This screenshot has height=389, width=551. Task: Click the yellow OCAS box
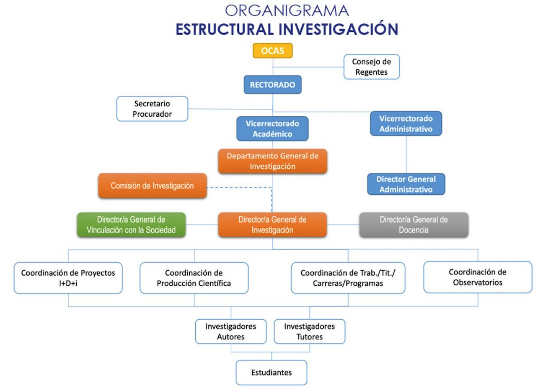click(272, 51)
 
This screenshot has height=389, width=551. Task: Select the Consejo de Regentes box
click(371, 67)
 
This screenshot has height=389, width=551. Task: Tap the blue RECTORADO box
click(272, 85)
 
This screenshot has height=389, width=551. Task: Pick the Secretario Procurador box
click(152, 109)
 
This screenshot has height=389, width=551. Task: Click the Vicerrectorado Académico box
click(272, 129)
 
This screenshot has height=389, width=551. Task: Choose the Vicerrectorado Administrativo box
click(406, 124)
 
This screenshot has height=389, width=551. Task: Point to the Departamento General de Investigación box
click(272, 161)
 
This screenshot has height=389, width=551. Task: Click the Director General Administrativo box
click(406, 184)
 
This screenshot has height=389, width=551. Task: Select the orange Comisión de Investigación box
click(152, 186)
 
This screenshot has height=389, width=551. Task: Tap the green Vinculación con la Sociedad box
click(131, 225)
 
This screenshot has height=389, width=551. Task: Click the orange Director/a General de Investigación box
click(272, 225)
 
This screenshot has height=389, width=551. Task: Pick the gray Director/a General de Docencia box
click(414, 225)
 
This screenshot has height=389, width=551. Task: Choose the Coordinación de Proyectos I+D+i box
click(68, 278)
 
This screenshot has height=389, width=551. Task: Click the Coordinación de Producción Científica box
click(194, 278)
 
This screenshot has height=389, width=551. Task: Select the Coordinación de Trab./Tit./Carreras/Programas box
click(348, 278)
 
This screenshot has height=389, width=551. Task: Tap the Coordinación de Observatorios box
click(477, 277)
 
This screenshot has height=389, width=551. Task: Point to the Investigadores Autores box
click(230, 332)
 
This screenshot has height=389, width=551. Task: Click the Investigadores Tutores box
click(309, 332)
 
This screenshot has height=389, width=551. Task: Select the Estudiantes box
click(271, 372)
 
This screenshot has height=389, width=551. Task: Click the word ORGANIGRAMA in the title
click(287, 10)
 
